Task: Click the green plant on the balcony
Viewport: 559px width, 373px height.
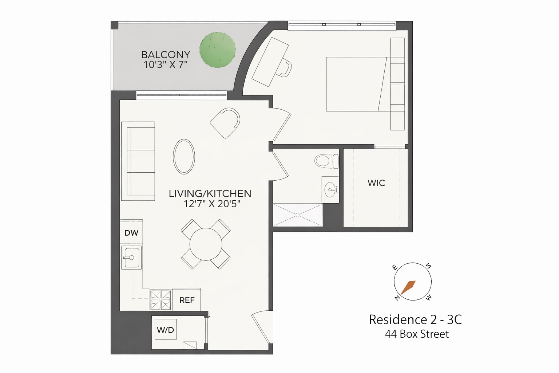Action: pos(218,50)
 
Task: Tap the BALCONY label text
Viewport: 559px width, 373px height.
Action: pos(166,55)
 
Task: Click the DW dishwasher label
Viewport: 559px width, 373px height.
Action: pos(131,233)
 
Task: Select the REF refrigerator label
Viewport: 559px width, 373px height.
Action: pos(187,300)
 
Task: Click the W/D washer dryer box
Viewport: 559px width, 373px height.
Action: pos(166,330)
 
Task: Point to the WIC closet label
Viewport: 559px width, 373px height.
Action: pos(376,183)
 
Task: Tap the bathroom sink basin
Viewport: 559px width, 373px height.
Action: pos(330,190)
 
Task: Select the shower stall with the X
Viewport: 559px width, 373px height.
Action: pos(298,215)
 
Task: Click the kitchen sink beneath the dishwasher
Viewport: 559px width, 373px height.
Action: pos(131,258)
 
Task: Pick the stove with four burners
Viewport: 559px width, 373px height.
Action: pos(161,300)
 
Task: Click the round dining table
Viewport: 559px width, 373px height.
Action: pos(206,244)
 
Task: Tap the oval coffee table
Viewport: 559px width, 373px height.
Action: pos(184,156)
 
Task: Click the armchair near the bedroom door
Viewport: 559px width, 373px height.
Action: pos(226,122)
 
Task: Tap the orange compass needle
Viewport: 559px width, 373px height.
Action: pos(408,287)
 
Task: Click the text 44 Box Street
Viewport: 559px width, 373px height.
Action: pos(417,334)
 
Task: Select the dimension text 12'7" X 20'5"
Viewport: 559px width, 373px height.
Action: pos(212,204)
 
